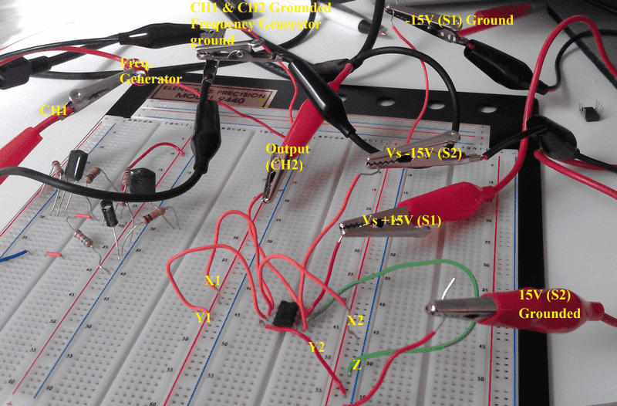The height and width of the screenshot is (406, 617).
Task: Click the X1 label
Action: click(213, 280)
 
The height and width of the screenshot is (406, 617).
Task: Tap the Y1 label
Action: click(204, 317)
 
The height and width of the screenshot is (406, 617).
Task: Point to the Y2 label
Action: click(317, 347)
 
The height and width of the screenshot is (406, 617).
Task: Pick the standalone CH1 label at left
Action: click(52, 111)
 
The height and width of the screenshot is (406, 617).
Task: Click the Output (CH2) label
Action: click(287, 157)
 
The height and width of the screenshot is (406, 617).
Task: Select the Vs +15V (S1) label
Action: click(402, 221)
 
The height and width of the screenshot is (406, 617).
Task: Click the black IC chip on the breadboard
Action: click(285, 313)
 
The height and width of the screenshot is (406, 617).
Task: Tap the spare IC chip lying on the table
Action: click(591, 112)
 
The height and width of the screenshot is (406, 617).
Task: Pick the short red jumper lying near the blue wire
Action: click(52, 252)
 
